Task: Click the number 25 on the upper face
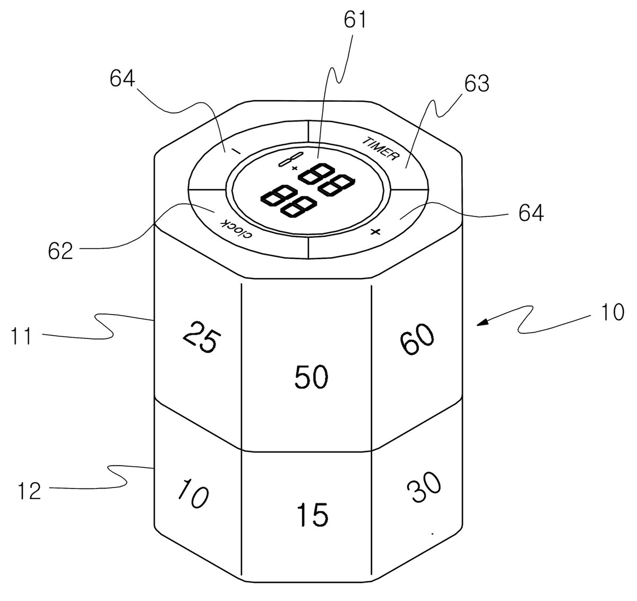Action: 202,337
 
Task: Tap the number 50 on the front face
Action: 311,377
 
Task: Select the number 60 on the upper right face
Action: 417,339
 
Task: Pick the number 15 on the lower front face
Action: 313,515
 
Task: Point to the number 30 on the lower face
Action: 424,487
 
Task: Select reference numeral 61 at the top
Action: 355,20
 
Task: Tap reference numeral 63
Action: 477,83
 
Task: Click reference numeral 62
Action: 61,250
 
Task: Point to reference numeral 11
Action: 21,336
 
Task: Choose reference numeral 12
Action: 30,491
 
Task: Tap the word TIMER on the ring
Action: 381,149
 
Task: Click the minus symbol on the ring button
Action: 236,151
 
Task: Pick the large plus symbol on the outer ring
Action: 375,231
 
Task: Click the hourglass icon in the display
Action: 290,159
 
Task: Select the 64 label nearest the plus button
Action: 531,213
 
